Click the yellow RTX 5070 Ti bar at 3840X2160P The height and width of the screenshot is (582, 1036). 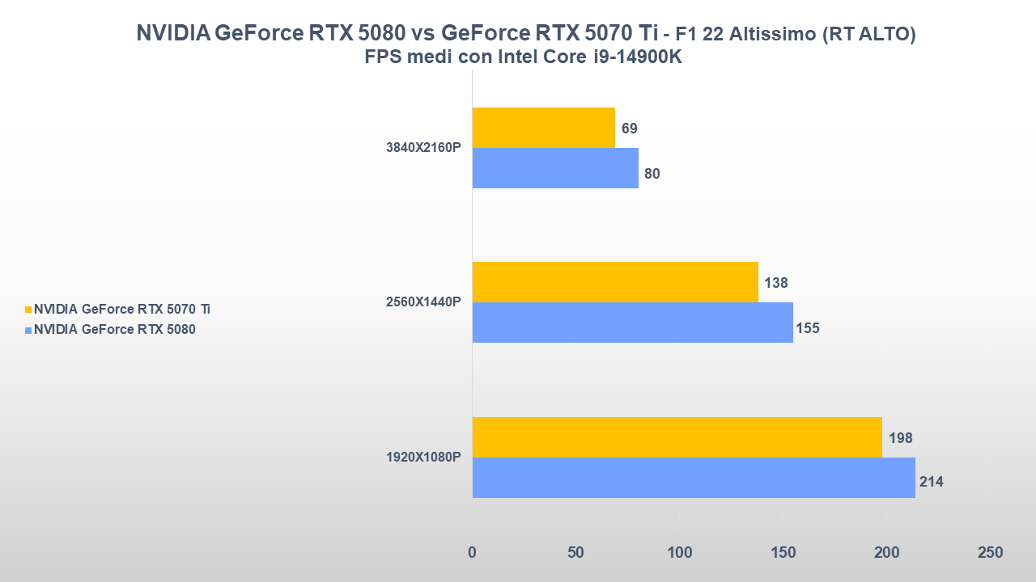[543, 128]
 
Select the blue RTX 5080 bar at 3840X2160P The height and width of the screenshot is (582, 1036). [555, 168]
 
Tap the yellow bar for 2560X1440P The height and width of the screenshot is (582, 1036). [615, 282]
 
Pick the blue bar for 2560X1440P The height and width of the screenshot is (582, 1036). [632, 323]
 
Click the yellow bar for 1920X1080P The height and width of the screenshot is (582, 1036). [677, 437]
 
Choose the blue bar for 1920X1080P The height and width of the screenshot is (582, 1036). [694, 478]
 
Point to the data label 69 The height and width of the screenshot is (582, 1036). [630, 129]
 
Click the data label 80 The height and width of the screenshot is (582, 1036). [652, 173]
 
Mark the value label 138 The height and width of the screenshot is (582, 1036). [775, 283]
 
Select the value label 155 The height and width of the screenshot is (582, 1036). [807, 328]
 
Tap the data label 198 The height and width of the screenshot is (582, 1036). [899, 438]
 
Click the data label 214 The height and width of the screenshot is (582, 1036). [931, 483]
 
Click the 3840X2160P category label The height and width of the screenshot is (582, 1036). [423, 148]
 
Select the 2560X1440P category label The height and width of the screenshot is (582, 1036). [423, 302]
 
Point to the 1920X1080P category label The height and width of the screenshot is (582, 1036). [423, 458]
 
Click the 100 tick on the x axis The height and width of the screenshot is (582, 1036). [679, 553]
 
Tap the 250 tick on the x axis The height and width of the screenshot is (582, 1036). [989, 553]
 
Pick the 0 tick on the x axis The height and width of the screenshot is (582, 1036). [472, 553]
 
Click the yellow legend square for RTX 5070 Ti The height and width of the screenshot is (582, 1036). [28, 310]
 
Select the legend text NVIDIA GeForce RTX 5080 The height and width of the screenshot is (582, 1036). [114, 329]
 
